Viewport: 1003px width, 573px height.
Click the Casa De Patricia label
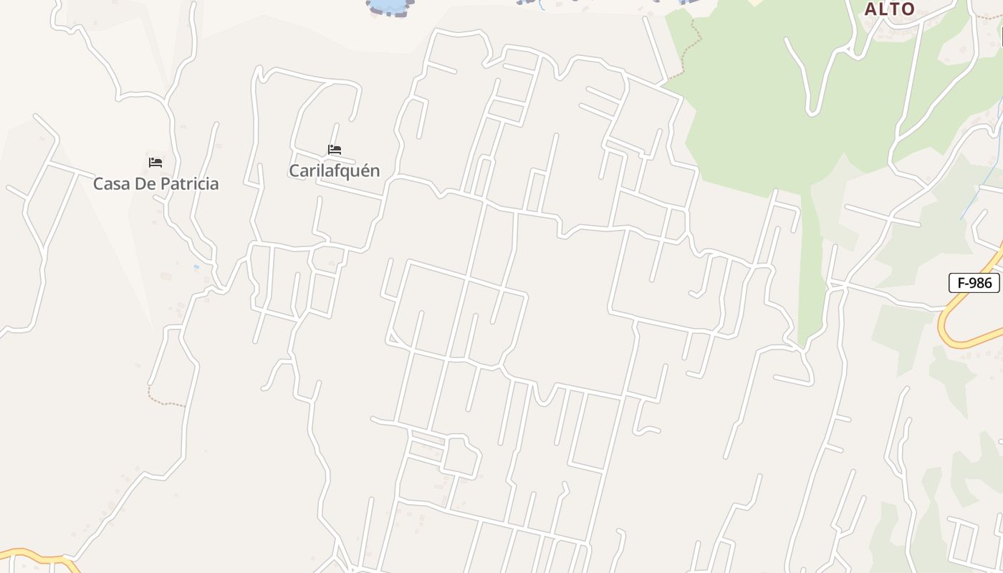pyautogui.click(x=155, y=183)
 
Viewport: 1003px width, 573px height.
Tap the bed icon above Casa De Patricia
pyautogui.click(x=155, y=163)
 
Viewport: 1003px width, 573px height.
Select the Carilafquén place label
pyautogui.click(x=334, y=170)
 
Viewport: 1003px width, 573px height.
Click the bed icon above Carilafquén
pyautogui.click(x=335, y=150)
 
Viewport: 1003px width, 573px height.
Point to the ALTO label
pyautogui.click(x=889, y=9)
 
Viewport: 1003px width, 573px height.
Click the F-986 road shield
pyautogui.click(x=974, y=283)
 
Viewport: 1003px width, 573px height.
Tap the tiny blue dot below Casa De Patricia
pyautogui.click(x=196, y=267)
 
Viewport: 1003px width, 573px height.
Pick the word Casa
pyautogui.click(x=110, y=183)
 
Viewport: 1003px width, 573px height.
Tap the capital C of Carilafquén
pyautogui.click(x=294, y=170)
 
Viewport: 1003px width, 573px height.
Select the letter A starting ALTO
pyautogui.click(x=870, y=9)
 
